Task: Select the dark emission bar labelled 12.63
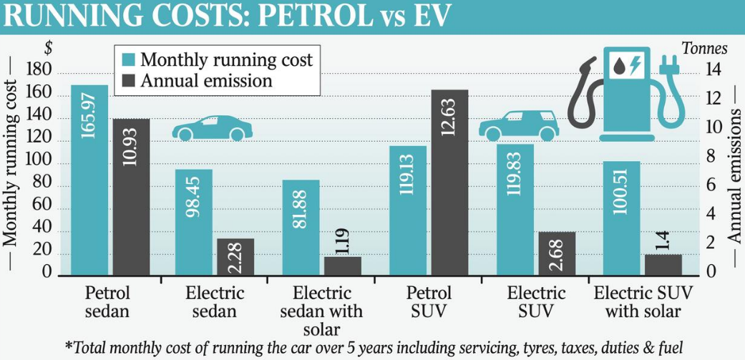pyautogui.click(x=450, y=183)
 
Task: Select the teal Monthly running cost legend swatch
pyautogui.click(x=127, y=59)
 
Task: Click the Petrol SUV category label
pyautogui.click(x=429, y=302)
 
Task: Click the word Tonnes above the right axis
pyautogui.click(x=704, y=49)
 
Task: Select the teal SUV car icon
pyautogui.click(x=519, y=126)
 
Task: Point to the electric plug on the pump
pyautogui.click(x=674, y=64)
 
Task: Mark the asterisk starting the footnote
pyautogui.click(x=68, y=346)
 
